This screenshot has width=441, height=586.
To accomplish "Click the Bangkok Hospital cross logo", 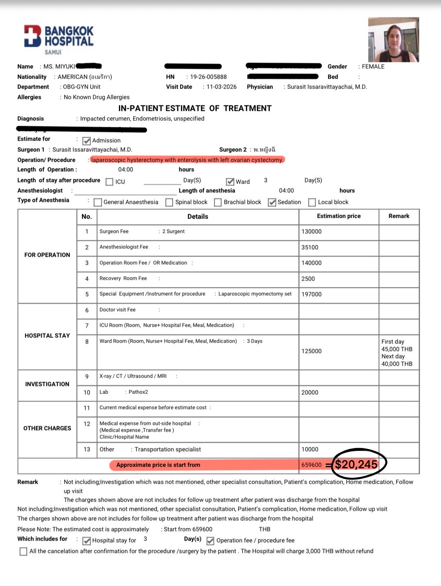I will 33,36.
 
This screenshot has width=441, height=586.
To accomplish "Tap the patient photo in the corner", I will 393,39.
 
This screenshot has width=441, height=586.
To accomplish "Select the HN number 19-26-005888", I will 208,77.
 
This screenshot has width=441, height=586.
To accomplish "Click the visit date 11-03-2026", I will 221,87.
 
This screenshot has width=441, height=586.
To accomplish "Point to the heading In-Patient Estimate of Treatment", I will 195,108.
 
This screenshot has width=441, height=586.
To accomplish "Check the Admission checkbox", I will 86,141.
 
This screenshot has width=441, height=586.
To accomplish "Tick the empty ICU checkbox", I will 109,182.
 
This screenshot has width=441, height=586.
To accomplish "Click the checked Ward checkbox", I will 230,182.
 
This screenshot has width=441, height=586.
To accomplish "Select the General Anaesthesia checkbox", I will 98,202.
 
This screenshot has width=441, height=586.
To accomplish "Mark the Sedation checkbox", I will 272,202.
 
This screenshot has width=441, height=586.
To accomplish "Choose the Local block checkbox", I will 312,202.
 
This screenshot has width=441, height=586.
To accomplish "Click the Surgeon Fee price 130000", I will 311,231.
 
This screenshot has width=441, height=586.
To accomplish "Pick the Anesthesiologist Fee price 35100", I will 310,247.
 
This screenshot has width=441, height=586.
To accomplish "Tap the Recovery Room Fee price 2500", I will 308,279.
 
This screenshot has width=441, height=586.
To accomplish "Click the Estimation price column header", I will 339,216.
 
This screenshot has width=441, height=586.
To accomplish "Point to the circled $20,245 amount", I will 356,464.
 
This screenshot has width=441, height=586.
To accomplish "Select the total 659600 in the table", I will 311,465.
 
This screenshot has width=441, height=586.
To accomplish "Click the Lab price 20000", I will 310,392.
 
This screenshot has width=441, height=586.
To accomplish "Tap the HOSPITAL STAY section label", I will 47,336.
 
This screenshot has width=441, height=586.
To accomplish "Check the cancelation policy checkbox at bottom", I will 23,551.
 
